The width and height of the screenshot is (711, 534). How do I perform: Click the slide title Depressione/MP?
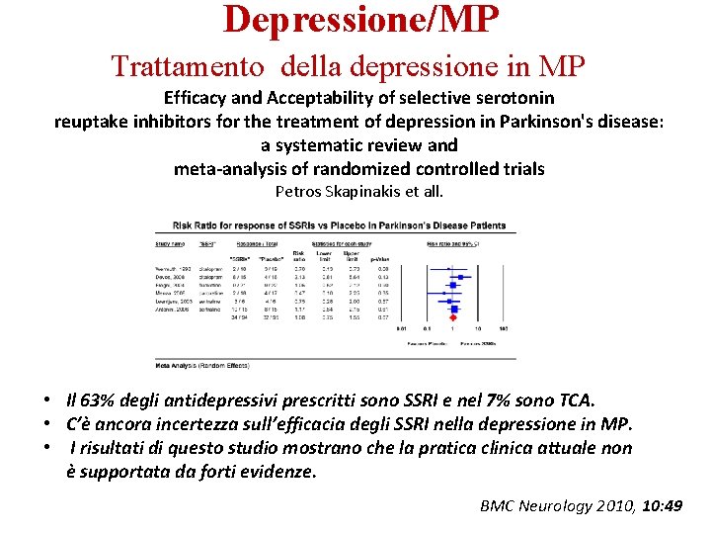click(360, 19)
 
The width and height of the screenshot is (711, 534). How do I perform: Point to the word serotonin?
click(510, 98)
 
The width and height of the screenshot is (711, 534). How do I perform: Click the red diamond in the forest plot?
click(453, 318)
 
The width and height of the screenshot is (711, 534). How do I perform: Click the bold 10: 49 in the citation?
click(662, 505)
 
